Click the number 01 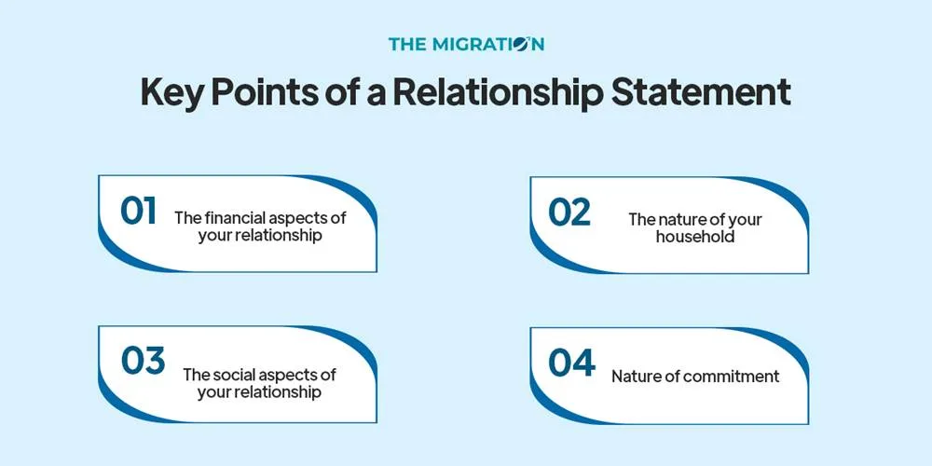point(138,211)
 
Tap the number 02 point(569,212)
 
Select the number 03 point(143,361)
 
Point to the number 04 point(571,362)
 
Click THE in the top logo point(407,44)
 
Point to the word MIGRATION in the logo point(489,44)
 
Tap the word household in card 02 point(694,237)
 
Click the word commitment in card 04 point(732,377)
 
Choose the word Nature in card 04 point(635,377)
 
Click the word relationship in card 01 point(277,236)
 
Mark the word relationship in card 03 point(277,392)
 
